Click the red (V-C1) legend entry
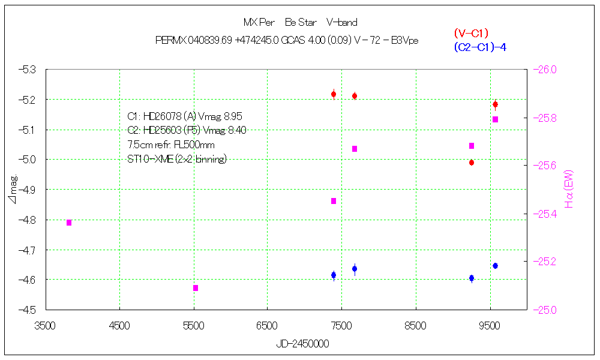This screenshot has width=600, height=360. [472, 34]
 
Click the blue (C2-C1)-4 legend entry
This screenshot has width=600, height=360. [480, 47]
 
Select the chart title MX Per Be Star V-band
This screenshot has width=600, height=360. [300, 23]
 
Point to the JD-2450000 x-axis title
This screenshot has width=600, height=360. [302, 344]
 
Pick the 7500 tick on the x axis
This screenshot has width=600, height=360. [341, 326]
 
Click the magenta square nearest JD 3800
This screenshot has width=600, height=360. [69, 223]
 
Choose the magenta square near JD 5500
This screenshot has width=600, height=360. [196, 288]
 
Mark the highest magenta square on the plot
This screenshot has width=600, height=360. [495, 119]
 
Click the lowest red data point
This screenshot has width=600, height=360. [472, 163]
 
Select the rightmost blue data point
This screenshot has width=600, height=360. [495, 266]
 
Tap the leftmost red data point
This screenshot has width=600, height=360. [334, 94]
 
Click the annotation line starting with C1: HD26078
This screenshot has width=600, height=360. [185, 116]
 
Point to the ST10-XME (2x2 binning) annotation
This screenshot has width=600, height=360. [177, 159]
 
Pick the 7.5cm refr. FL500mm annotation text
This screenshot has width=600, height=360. [171, 145]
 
